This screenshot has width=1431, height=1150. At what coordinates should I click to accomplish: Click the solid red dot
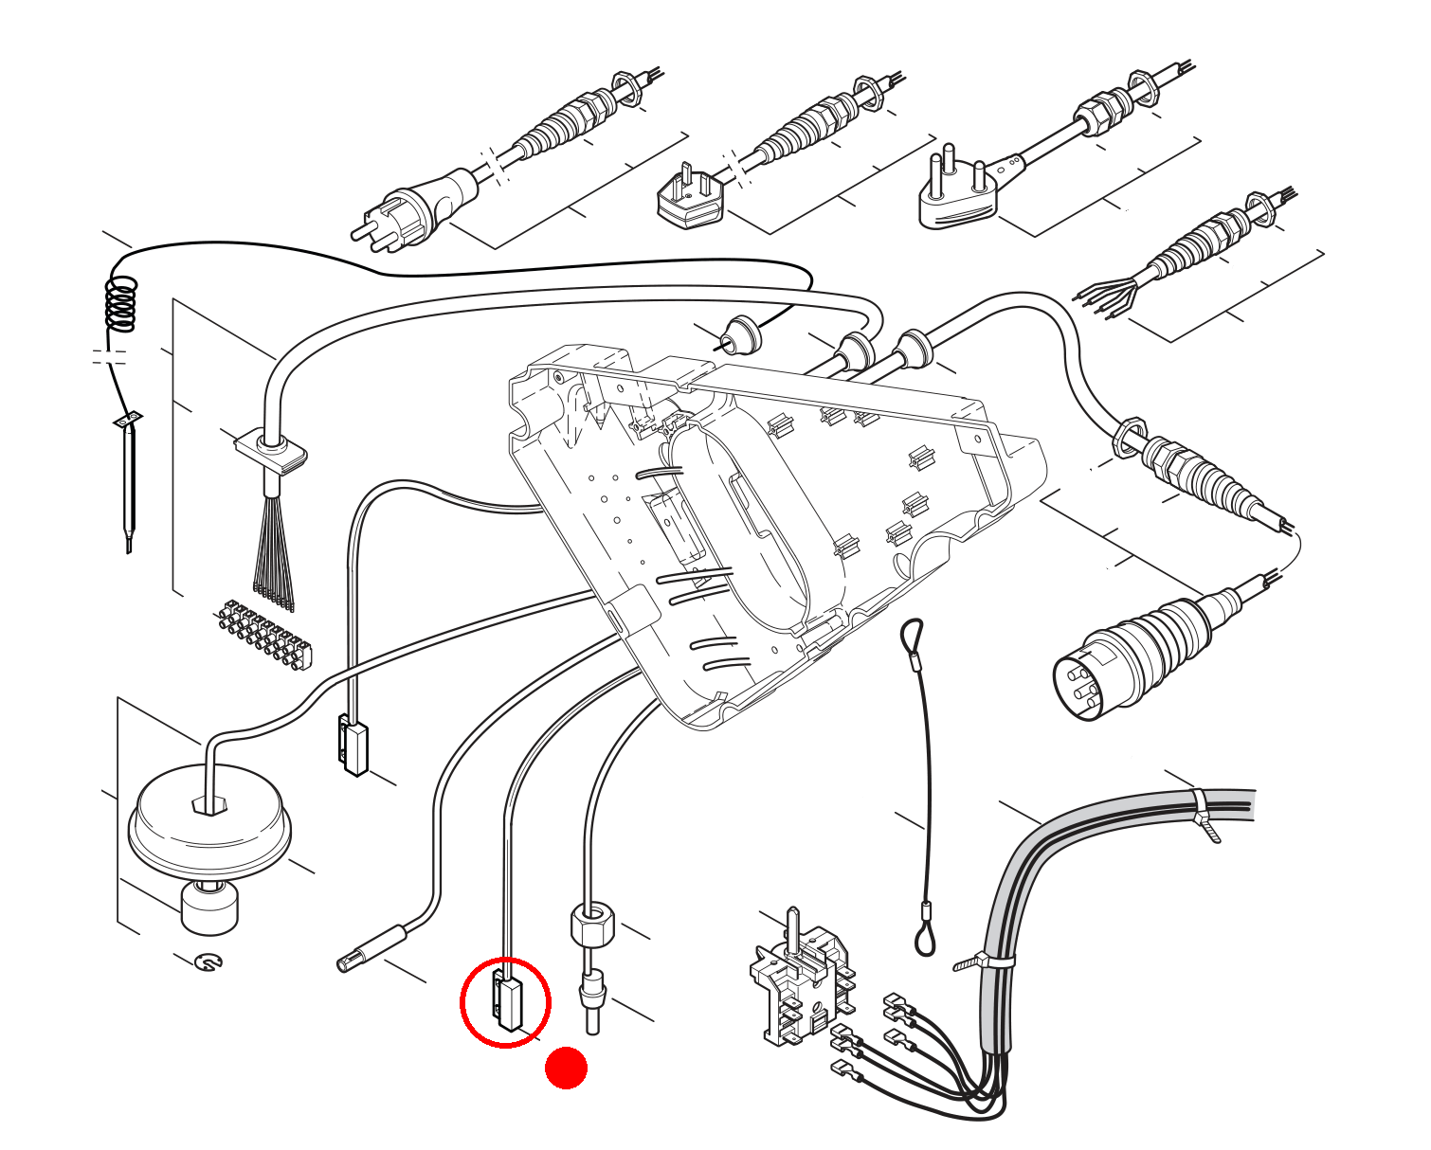pos(566,1068)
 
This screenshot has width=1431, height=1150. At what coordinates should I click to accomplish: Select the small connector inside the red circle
pos(507,1002)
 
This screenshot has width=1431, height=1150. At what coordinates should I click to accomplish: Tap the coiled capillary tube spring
pos(121,303)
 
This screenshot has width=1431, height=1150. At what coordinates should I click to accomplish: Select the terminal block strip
pos(264,635)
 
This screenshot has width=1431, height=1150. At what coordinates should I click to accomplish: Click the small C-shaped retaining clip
pos(208,962)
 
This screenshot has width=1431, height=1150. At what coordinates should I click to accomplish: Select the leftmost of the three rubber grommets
pos(740,337)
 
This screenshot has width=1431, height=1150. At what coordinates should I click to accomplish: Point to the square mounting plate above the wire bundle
pos(271,450)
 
